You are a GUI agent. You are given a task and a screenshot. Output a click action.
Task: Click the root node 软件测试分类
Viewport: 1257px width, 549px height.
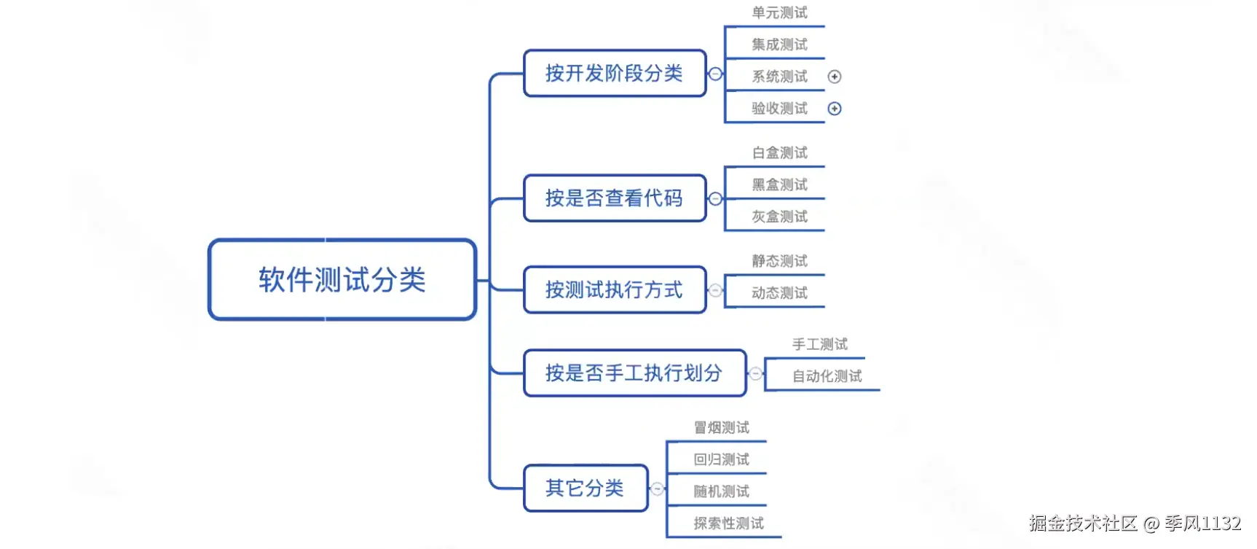pos(342,279)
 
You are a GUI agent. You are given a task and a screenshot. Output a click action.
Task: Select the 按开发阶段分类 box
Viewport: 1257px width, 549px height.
pos(614,73)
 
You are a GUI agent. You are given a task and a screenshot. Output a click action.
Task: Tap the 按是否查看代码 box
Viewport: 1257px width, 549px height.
pos(614,198)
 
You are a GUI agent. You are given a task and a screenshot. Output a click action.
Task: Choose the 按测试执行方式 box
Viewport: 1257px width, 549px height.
pos(614,289)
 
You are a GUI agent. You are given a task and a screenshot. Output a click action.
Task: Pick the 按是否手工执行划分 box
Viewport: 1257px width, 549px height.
pos(634,373)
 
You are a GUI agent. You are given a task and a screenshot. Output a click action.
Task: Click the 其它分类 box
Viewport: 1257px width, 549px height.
pos(585,488)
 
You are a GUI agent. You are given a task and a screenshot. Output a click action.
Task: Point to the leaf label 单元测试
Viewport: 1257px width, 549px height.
pos(779,12)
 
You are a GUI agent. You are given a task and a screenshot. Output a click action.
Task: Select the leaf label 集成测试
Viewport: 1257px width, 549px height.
pos(779,44)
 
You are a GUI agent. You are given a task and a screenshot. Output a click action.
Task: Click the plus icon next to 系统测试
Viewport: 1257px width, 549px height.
pos(835,77)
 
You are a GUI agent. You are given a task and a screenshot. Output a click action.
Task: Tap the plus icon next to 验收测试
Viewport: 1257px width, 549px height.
pos(835,109)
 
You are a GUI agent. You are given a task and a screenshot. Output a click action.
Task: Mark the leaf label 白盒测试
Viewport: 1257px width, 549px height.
pos(779,152)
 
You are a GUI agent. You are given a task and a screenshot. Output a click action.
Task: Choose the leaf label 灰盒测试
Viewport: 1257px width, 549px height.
pos(779,217)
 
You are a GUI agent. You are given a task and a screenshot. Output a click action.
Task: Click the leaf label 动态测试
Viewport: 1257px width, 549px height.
pos(779,293)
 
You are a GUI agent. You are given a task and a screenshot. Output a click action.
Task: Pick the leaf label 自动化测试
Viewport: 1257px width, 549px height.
pos(827,376)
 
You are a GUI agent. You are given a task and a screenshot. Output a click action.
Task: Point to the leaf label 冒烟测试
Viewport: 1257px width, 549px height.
pos(721,427)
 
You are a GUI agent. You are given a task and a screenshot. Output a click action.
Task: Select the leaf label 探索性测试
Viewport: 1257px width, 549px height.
pos(728,523)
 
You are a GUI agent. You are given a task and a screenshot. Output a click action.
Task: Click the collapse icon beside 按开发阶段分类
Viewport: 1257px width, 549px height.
pos(716,74)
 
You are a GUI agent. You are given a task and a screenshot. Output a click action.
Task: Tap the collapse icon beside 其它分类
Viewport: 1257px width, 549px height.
pos(658,488)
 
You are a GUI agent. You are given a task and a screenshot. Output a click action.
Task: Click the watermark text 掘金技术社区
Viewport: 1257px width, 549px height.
pos(1083,523)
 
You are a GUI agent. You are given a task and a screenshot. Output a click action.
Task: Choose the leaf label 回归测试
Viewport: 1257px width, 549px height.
pos(721,459)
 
